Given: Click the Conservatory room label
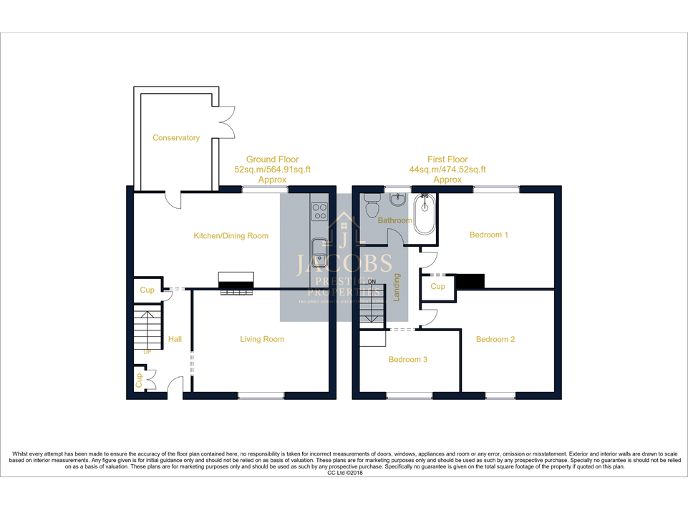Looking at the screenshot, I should (176, 138).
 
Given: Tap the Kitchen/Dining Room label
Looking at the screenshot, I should (231, 236).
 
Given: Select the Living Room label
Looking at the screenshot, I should (262, 339).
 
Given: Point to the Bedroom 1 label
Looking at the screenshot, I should (489, 235).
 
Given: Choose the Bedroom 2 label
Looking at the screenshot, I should (495, 339).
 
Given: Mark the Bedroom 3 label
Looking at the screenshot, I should (408, 359).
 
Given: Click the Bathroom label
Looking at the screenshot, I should (395, 220).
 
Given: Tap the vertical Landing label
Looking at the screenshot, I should (397, 287).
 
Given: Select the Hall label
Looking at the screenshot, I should (175, 339).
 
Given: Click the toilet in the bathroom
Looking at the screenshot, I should (372, 207).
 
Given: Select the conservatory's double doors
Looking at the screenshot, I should (226, 122).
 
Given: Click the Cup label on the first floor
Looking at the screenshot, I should (438, 286).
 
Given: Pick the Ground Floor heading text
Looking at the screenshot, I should (272, 160).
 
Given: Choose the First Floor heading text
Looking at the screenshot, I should (447, 160).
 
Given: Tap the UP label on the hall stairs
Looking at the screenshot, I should (148, 352).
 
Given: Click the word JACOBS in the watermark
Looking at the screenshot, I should (344, 264).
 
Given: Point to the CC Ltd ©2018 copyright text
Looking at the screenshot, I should (345, 473).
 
